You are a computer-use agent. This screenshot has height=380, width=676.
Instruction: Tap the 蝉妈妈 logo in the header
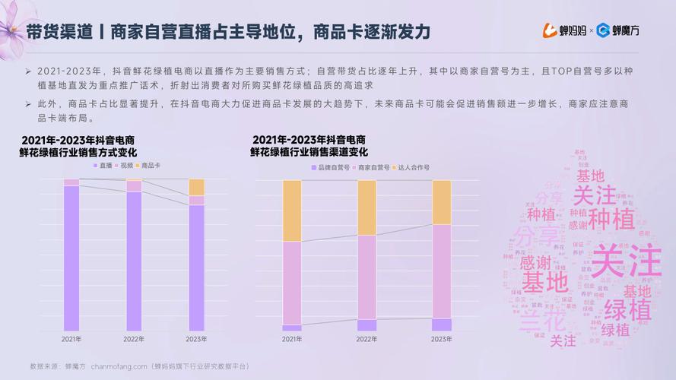(x=563, y=30)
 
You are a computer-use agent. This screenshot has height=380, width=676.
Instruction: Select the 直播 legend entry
(x=102, y=165)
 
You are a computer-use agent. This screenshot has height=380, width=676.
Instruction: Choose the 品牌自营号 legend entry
(x=332, y=166)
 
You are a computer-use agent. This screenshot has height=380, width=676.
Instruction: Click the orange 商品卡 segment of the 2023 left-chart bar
(x=196, y=187)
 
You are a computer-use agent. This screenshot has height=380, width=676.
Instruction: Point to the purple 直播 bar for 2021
(x=71, y=258)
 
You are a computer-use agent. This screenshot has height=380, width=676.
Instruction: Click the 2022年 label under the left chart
(x=134, y=339)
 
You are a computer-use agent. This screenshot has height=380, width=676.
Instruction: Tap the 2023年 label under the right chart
(x=442, y=339)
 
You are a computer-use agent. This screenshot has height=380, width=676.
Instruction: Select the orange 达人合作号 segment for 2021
(x=292, y=211)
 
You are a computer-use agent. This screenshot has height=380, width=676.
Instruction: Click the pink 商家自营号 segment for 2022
(x=367, y=277)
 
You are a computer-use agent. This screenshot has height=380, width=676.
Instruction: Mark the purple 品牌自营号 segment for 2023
(x=442, y=325)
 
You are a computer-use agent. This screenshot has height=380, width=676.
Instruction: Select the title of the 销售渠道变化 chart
(x=309, y=146)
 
